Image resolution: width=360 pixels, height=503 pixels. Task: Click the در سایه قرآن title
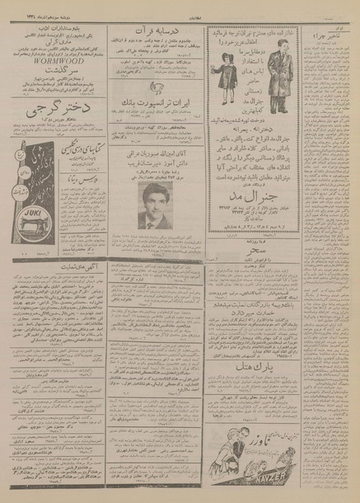(152, 26)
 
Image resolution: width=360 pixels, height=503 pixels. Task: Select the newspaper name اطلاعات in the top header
(185, 4)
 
